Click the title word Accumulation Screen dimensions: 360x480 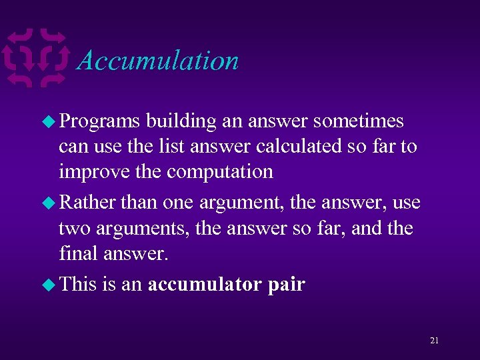158,61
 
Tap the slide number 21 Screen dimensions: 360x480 434,341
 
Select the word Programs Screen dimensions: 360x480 99,121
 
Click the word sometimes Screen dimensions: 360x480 358,121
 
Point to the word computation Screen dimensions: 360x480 219,172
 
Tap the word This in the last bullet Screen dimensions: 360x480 78,284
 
